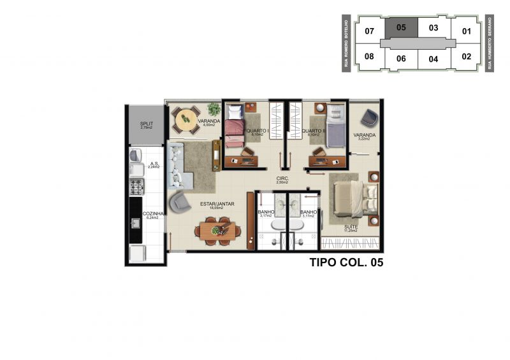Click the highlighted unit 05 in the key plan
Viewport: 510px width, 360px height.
(x=401, y=27)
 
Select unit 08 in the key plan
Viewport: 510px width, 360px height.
(x=368, y=56)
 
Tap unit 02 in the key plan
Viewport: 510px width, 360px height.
(x=466, y=56)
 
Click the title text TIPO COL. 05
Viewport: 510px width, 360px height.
(x=346, y=262)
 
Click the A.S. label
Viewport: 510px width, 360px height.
(x=153, y=163)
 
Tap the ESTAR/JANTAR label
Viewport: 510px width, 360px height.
(x=217, y=204)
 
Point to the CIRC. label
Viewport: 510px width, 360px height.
(x=282, y=178)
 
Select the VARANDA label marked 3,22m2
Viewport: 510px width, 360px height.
(x=365, y=135)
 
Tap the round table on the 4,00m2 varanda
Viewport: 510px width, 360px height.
(x=186, y=118)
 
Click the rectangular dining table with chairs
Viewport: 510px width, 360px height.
(x=217, y=231)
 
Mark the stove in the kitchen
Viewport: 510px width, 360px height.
(x=136, y=186)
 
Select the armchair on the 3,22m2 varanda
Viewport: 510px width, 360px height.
(x=369, y=118)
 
